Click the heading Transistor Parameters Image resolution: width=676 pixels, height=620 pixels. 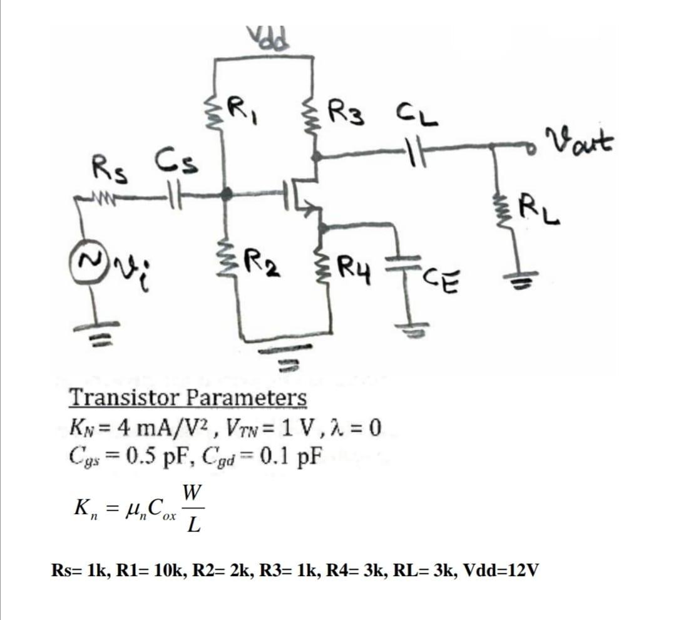[187, 397]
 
